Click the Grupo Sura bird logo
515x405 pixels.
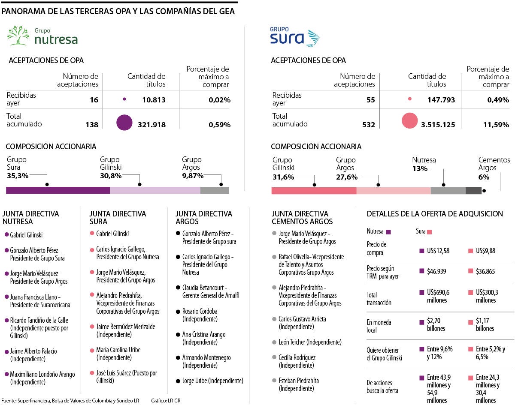click(311, 38)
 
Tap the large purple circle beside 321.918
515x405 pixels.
click(124, 123)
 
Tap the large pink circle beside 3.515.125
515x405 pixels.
click(409, 120)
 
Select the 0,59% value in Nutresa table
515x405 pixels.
click(219, 125)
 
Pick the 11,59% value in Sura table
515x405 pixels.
click(497, 125)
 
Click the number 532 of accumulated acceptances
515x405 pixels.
click(368, 125)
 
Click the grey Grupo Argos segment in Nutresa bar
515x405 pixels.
click(215, 190)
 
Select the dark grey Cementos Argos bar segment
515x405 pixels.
click(473, 191)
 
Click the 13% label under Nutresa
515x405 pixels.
click(420, 168)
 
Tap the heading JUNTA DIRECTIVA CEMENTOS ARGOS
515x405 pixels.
click(302, 217)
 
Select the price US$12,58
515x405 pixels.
click(438, 251)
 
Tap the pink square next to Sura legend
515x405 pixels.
click(429, 232)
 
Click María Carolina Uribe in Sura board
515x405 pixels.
click(118, 350)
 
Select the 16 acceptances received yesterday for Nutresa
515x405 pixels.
click(94, 100)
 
